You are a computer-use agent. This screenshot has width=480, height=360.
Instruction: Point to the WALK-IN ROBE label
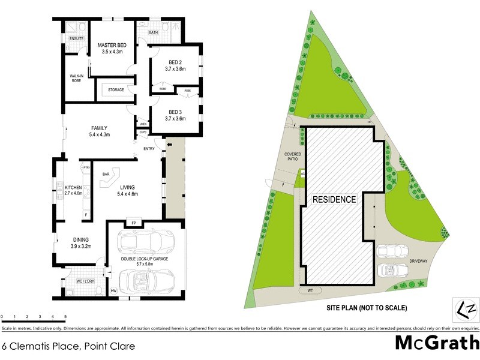pos(76,78)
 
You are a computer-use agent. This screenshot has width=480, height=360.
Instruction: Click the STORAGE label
pos(116,90)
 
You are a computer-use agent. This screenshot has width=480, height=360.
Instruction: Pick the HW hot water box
pos(113,291)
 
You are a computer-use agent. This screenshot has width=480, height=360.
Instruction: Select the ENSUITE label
pos(76,39)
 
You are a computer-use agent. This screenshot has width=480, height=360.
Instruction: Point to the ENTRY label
pos(149,149)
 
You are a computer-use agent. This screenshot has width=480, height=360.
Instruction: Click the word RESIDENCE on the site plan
pos(334,199)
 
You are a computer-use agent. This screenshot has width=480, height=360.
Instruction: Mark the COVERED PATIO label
pos(292,158)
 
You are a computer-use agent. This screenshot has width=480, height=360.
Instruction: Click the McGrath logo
pos(437,343)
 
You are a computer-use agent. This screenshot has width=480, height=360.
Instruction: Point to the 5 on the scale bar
pos(65,316)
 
